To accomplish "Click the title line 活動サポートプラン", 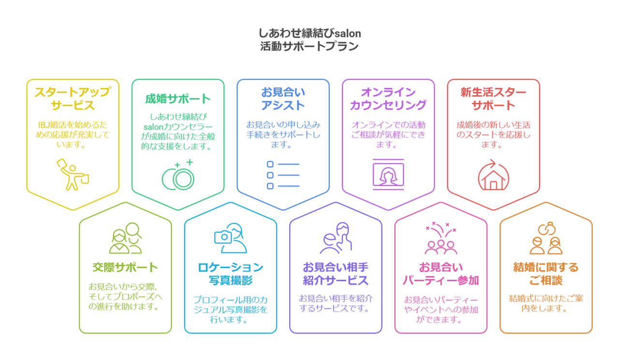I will pyautogui.click(x=309, y=47).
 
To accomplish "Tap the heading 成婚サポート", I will pyautogui.click(x=178, y=99).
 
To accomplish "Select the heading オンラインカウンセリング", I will pyautogui.click(x=388, y=99).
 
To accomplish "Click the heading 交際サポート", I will pyautogui.click(x=125, y=267).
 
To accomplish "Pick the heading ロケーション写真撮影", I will pyautogui.click(x=230, y=274).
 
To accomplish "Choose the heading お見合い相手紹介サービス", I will pyautogui.click(x=336, y=274).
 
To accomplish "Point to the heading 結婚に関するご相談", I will pyautogui.click(x=545, y=274).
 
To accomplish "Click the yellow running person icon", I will pyautogui.click(x=73, y=174).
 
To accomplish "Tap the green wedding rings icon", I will pyautogui.click(x=178, y=175).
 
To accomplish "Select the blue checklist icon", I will pyautogui.click(x=283, y=175).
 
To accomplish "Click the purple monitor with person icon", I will pyautogui.click(x=388, y=174).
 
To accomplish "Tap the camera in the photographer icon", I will pyautogui.click(x=223, y=236).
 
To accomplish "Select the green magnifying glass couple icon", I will pyautogui.click(x=125, y=239).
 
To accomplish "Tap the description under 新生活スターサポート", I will pyautogui.click(x=493, y=134).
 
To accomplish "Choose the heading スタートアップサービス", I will pyautogui.click(x=73, y=99).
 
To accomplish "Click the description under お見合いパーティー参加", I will pyautogui.click(x=441, y=309).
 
